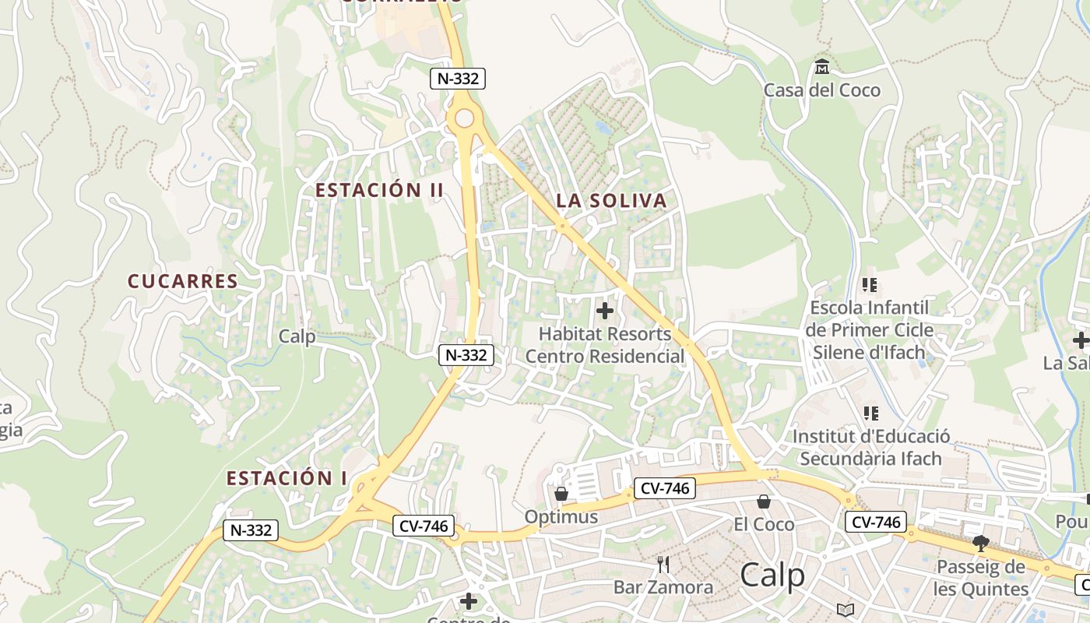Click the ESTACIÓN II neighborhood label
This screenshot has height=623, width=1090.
(379, 190)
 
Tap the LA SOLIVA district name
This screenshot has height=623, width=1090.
(611, 201)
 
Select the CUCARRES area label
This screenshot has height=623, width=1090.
(183, 281)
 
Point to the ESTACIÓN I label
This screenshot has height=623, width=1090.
(287, 478)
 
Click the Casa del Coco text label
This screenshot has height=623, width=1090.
(821, 90)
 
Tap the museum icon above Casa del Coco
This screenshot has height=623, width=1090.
(821, 67)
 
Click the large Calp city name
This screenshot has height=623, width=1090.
(772, 575)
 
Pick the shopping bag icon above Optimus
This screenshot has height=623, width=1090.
(561, 494)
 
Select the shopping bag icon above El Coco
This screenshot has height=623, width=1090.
(764, 502)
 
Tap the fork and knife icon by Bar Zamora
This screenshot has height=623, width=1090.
(663, 564)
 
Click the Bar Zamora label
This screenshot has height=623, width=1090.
(663, 587)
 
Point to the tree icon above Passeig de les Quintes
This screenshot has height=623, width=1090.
(980, 544)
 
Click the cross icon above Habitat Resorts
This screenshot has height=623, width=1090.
(604, 311)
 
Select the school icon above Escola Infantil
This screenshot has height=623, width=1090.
(870, 285)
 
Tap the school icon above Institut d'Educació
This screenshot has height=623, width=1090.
(870, 414)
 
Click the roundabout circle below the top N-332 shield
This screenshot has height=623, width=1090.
(464, 118)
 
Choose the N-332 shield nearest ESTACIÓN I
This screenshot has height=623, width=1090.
(251, 530)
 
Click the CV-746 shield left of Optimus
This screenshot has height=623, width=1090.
(423, 526)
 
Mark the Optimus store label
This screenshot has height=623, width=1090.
(561, 517)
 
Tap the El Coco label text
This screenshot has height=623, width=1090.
(764, 525)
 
